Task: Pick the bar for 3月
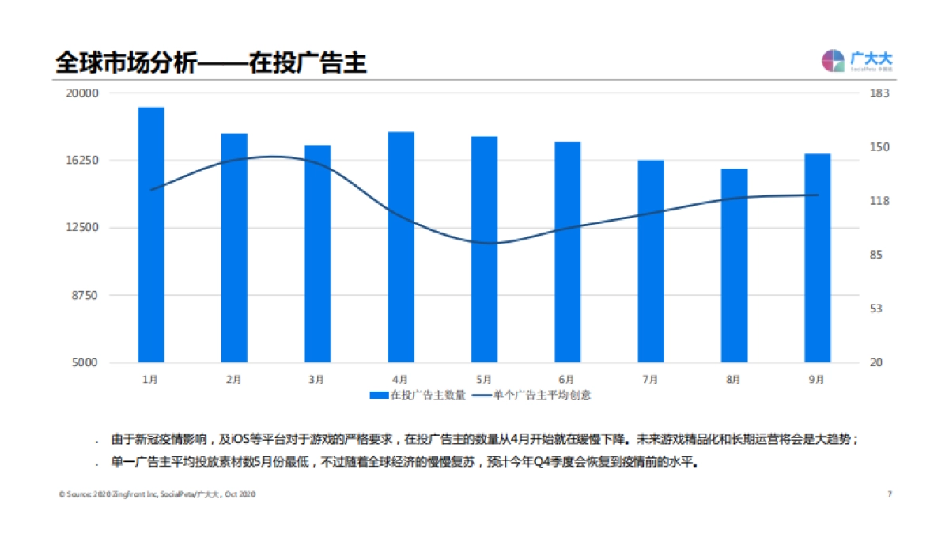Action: (317, 253)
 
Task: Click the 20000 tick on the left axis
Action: (81, 93)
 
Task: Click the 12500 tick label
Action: (81, 229)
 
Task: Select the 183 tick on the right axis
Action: (880, 93)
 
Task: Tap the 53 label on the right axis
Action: (877, 309)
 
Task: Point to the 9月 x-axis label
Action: (817, 380)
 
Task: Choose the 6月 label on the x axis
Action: (566, 380)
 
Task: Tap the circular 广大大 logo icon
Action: (833, 61)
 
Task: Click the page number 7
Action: (890, 494)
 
